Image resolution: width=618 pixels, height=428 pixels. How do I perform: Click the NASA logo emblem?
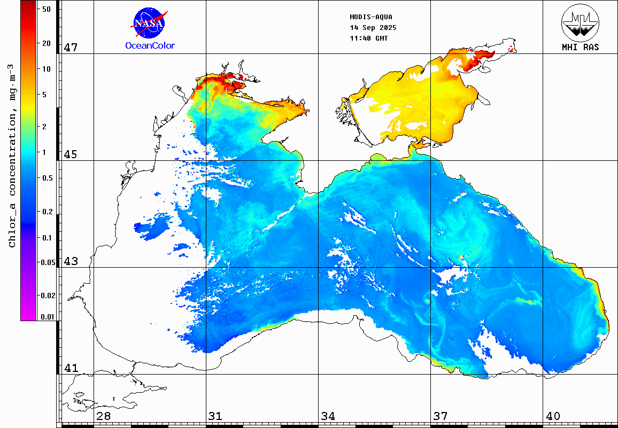pyautogui.click(x=149, y=23)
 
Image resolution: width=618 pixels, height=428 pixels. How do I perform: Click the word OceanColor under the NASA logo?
pyautogui.click(x=150, y=45)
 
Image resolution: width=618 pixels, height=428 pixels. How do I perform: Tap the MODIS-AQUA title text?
pyautogui.click(x=370, y=17)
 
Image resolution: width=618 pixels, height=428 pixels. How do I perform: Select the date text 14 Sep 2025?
pyautogui.click(x=373, y=28)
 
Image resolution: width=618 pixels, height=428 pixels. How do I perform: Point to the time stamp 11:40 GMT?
pyautogui.click(x=369, y=38)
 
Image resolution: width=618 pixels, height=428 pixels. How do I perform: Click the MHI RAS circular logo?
pyautogui.click(x=580, y=23)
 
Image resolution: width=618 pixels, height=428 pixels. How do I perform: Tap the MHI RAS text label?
pyautogui.click(x=580, y=47)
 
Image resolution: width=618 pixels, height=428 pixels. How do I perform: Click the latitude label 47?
pyautogui.click(x=71, y=48)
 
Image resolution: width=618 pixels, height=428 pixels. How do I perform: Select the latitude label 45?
pyautogui.click(x=71, y=154)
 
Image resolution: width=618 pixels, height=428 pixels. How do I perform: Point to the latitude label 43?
pyautogui.click(x=71, y=261)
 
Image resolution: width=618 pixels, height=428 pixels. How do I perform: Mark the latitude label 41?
pyautogui.click(x=71, y=368)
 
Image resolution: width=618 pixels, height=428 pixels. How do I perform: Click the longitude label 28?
pyautogui.click(x=104, y=416)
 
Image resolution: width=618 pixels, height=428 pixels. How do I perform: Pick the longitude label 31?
pyautogui.click(x=216, y=416)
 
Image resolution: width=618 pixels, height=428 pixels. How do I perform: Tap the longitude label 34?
pyautogui.click(x=328, y=416)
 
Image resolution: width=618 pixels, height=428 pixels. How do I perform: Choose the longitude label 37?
pyautogui.click(x=441, y=416)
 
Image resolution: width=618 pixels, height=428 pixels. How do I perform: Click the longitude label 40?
pyautogui.click(x=553, y=416)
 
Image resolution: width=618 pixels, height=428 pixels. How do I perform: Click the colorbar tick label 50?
pyautogui.click(x=47, y=9)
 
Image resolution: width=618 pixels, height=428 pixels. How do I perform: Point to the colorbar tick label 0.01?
pyautogui.click(x=47, y=317)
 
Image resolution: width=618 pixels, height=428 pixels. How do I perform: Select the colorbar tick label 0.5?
pyautogui.click(x=47, y=178)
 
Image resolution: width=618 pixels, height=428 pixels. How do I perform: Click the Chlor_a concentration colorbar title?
pyautogui.click(x=12, y=155)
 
